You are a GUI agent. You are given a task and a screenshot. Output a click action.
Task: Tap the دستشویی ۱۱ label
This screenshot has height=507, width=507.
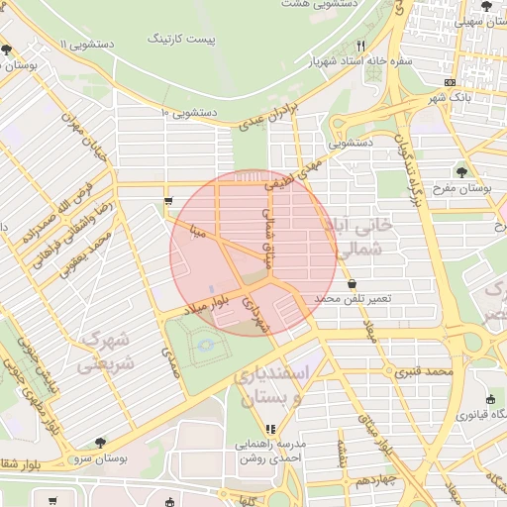pos(88,45)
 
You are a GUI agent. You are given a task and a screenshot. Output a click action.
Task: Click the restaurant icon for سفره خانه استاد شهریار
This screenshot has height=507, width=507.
pos(361,46)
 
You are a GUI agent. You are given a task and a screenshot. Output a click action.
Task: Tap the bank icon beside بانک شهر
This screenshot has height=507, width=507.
pos(452,82)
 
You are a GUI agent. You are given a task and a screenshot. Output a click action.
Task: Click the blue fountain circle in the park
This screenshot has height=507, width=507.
pos(206,345)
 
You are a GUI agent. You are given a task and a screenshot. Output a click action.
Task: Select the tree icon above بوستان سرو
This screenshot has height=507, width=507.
pos(99,443)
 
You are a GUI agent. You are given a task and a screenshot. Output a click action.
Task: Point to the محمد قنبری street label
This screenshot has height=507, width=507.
pos(424,373)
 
